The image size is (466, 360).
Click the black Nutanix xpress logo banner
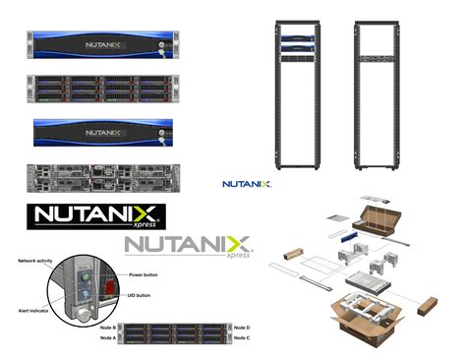pos(95,215)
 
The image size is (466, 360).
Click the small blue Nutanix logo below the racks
pos(247,183)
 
